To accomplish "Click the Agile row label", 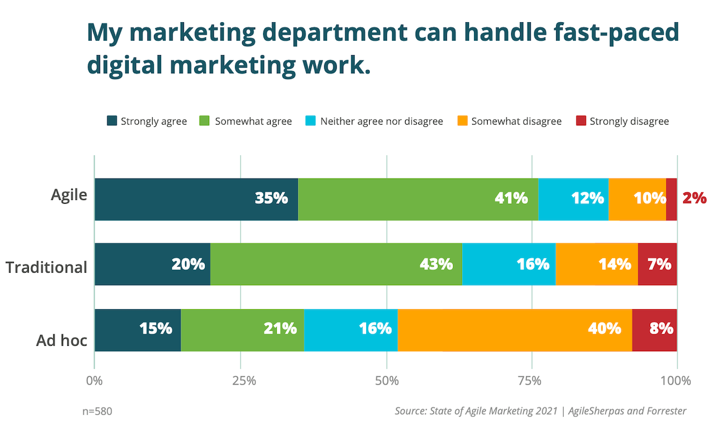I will coord(69,195).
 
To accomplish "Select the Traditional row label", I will coord(47,267).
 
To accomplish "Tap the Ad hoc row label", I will coord(62,341).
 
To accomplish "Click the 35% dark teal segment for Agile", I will coord(196,199).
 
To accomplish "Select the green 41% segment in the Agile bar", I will coord(418,199).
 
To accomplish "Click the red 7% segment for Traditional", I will coord(657,264).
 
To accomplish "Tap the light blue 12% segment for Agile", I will coord(573,199).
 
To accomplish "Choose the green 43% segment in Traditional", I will coord(336,264).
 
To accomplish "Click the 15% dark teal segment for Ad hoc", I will coord(137,330).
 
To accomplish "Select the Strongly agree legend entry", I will coord(147,121).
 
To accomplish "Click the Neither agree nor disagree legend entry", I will coord(374,121).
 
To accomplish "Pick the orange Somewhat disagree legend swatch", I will coord(462,121).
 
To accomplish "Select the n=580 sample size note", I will coord(97,412).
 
